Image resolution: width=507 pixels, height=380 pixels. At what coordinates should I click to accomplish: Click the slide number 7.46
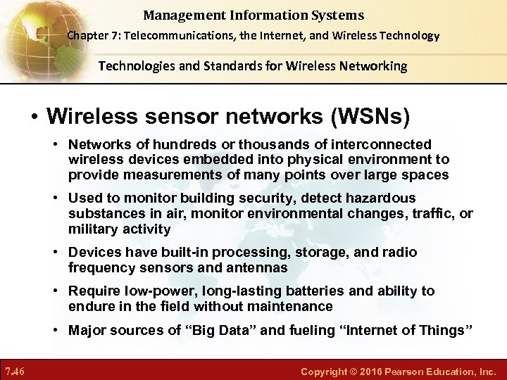(15, 370)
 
